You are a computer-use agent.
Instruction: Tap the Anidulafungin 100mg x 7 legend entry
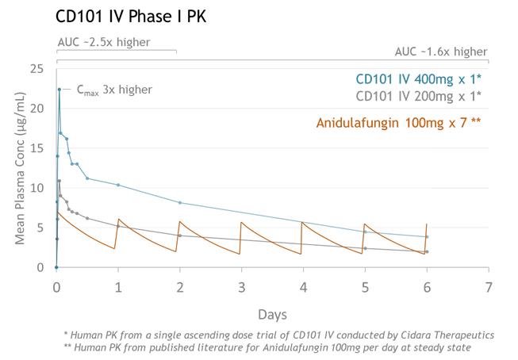point(398,123)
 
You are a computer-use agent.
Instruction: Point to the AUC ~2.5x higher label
point(104,42)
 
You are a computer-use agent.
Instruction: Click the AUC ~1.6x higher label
point(441,52)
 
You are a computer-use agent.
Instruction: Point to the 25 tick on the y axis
point(36,69)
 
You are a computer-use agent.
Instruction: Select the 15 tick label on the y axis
point(36,148)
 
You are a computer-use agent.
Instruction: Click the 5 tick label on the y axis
point(40,228)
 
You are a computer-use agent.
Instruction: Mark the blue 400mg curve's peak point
point(59,90)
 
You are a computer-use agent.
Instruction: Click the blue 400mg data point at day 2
point(180,203)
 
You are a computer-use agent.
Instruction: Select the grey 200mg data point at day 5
point(365,248)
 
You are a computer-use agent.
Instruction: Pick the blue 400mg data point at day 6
point(427,237)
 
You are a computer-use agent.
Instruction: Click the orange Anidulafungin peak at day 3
point(241,222)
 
